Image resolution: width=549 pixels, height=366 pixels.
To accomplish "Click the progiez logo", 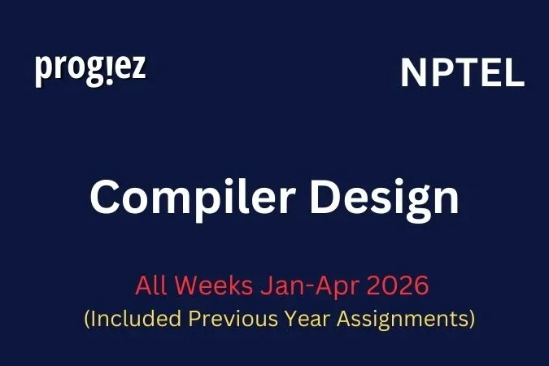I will click(x=90, y=70).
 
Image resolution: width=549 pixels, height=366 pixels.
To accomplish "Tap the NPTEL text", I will click(x=462, y=74).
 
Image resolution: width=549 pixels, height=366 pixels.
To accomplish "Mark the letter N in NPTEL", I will click(x=412, y=74).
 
